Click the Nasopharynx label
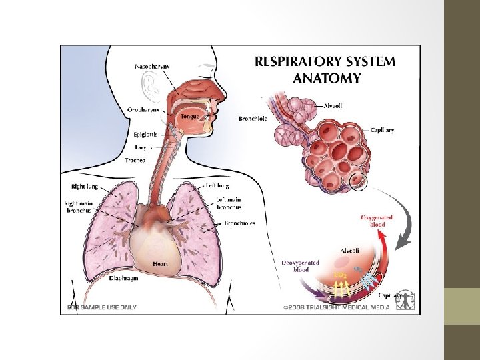152,67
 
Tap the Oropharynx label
143,110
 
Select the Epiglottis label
145,134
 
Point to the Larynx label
144,147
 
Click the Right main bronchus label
78,207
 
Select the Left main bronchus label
229,203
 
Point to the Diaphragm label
124,278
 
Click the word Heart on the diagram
160,265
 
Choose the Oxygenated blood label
377,221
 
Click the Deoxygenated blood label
300,267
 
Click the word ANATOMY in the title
327,79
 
